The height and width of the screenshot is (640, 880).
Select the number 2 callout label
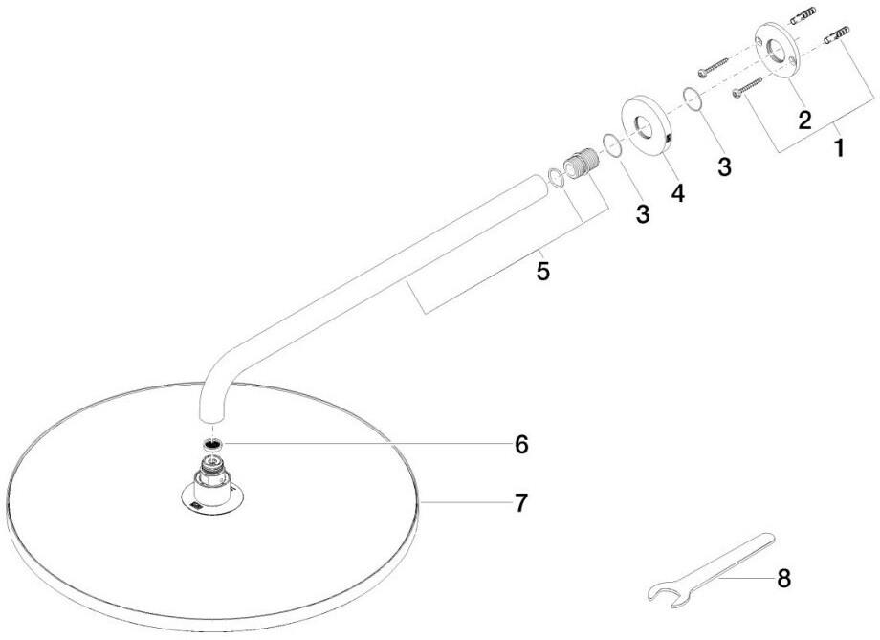click(x=804, y=120)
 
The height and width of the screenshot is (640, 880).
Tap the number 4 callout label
click(x=677, y=192)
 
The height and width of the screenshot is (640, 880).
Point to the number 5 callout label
click(x=542, y=271)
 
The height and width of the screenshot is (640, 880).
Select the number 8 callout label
click(x=784, y=578)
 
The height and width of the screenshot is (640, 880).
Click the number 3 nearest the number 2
click(x=724, y=166)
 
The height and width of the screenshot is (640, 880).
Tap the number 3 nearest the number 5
click(x=642, y=213)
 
